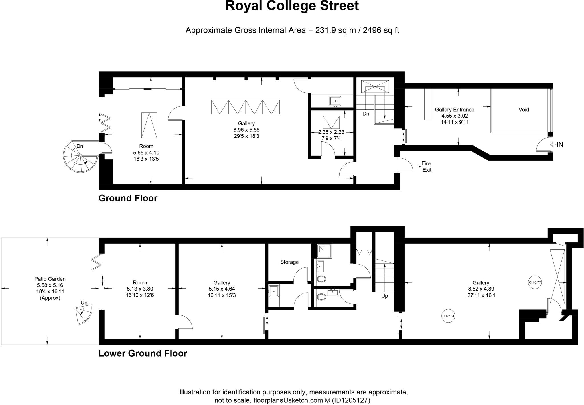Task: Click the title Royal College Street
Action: tap(292, 6)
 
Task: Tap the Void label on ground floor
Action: tap(524, 110)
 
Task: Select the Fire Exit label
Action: tap(426, 167)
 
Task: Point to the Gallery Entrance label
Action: tap(454, 110)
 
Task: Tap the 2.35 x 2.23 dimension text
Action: tap(331, 132)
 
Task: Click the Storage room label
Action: tap(289, 262)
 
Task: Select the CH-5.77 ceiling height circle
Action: tap(535, 282)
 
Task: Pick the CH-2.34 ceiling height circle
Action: tap(448, 316)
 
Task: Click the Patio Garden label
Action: tap(50, 279)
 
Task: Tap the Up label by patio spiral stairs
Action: tap(84, 303)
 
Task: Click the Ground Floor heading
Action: tap(128, 198)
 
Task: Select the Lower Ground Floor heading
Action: tap(143, 353)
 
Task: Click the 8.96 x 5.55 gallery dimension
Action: tap(246, 130)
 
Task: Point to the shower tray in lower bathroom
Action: tap(324, 251)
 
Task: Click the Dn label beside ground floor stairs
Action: tap(366, 114)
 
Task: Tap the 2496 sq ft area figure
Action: tap(381, 30)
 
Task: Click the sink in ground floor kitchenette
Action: tap(335, 101)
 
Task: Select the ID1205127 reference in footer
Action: tap(351, 400)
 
